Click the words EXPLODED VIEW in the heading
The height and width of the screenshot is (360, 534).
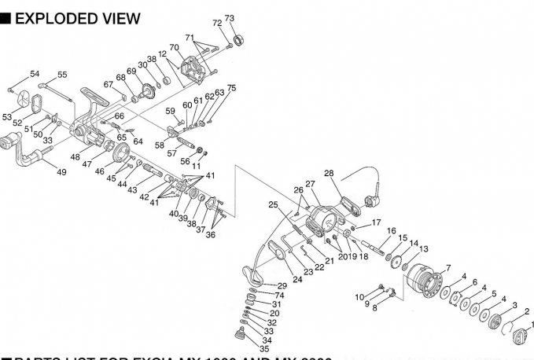point(77,18)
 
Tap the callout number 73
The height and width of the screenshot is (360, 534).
point(230,18)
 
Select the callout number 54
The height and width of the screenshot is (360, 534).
point(35,74)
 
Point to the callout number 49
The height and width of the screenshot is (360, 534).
point(61,171)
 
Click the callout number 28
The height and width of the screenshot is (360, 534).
point(329,174)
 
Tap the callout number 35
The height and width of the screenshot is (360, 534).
point(264,348)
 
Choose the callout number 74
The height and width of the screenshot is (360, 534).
point(279,295)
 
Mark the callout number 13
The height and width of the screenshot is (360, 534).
point(424,249)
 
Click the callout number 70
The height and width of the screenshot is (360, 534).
point(175,48)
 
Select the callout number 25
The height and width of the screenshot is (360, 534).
point(273,205)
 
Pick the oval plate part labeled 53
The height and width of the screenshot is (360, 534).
point(33,102)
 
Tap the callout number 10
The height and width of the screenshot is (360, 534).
point(359,297)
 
